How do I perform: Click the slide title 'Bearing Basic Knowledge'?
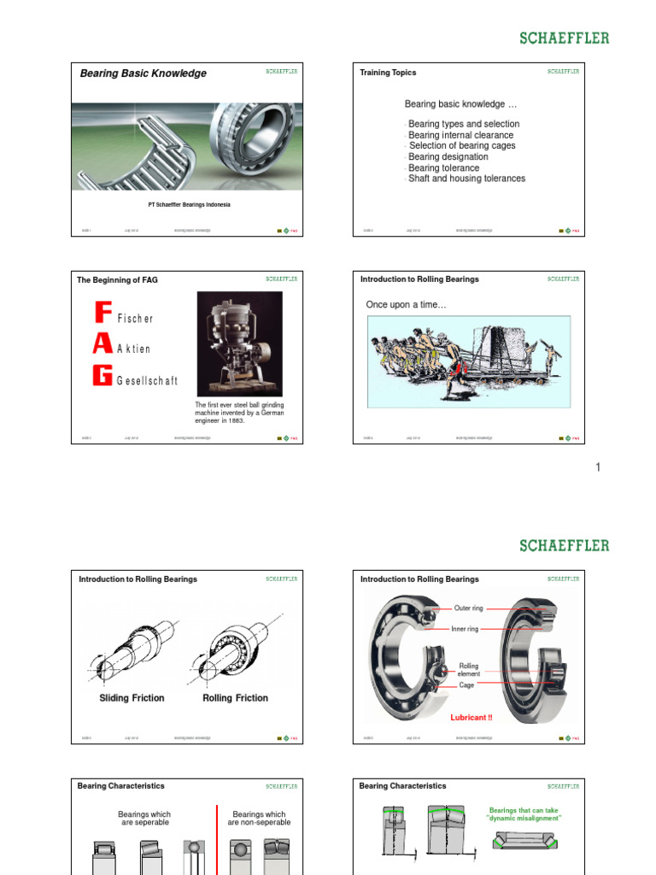click(143, 73)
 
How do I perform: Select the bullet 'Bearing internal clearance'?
click(460, 135)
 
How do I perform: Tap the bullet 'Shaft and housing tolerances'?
click(466, 179)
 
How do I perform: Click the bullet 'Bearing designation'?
click(448, 157)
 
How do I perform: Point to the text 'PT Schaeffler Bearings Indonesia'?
click(189, 205)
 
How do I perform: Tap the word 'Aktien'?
click(133, 349)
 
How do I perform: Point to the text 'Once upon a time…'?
click(406, 305)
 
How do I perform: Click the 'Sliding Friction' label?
click(132, 698)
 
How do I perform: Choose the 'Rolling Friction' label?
click(235, 698)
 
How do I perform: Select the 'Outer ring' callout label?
click(468, 608)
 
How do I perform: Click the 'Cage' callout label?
click(466, 685)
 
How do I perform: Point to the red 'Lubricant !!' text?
click(471, 718)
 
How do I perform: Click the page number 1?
click(598, 467)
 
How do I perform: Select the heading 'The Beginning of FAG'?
click(117, 279)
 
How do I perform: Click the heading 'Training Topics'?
click(388, 73)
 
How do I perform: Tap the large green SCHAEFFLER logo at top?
click(565, 38)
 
